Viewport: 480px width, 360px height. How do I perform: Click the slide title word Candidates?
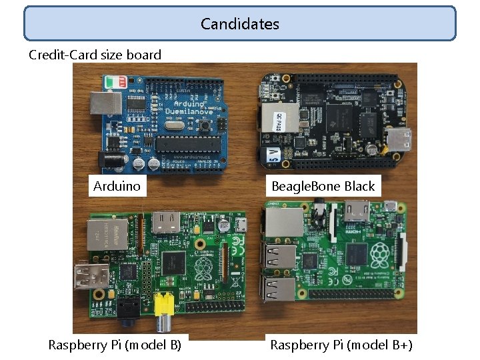(240, 24)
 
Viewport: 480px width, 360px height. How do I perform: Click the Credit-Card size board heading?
(95, 55)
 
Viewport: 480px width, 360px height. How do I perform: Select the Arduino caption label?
(117, 186)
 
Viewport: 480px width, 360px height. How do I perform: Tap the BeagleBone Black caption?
(323, 186)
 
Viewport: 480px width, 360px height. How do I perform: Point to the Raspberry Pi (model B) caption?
(115, 345)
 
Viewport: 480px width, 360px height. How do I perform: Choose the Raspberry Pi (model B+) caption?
(341, 345)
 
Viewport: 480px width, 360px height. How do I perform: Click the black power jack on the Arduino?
(107, 159)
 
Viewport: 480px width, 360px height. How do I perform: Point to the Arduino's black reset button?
(209, 125)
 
